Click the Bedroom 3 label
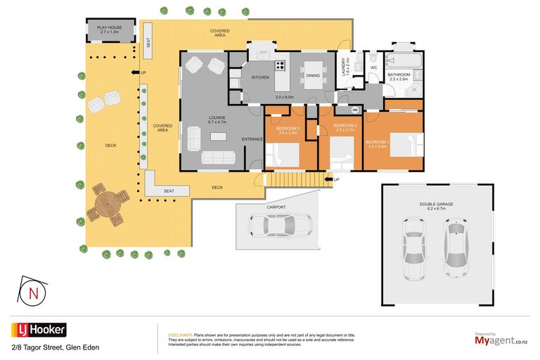(288, 130)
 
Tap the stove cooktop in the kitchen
(281, 66)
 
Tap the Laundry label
(345, 67)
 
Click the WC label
(374, 67)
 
